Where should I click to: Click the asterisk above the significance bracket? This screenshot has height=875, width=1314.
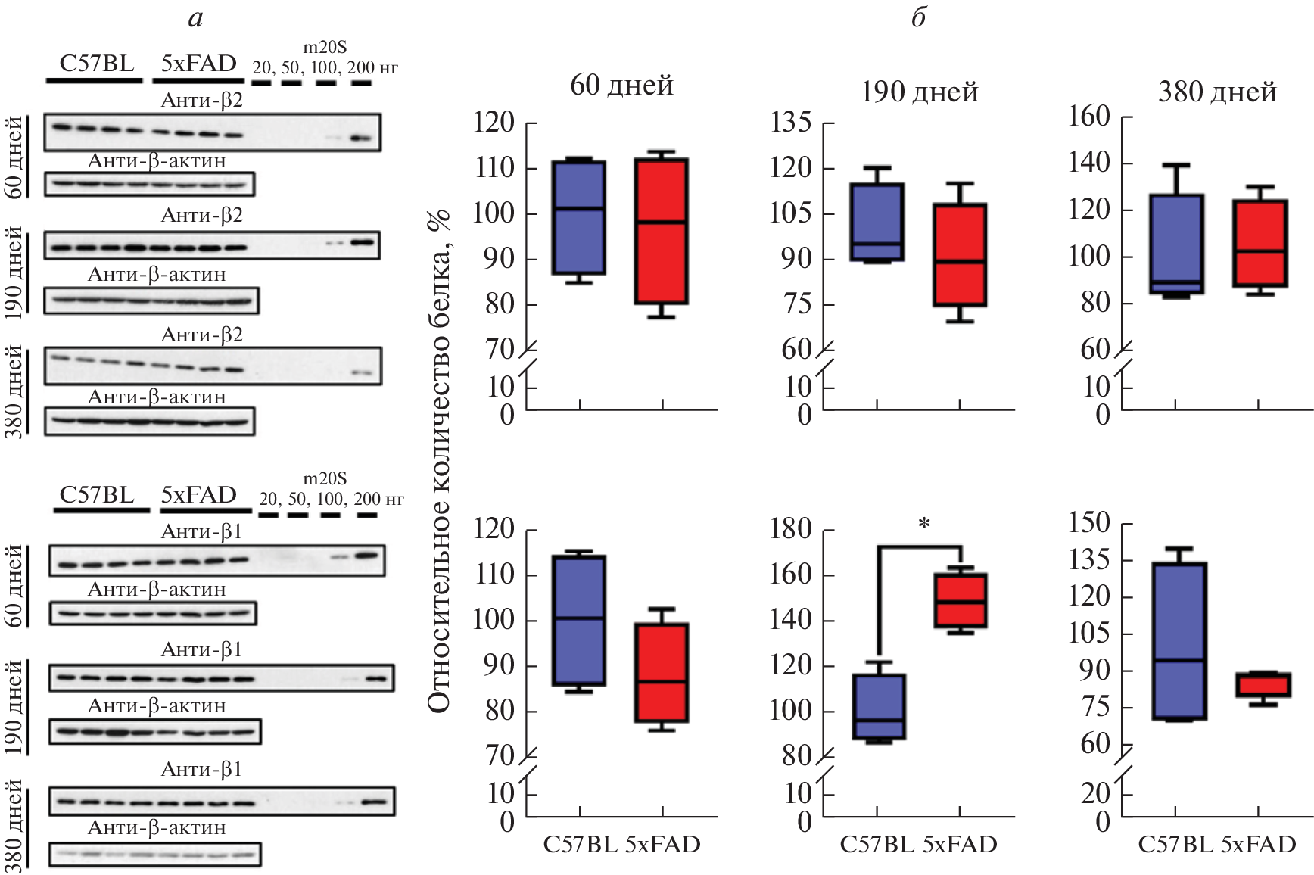coord(923,524)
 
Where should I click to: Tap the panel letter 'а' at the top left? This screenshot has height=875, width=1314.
coord(195,18)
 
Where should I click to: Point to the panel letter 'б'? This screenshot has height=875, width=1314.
coord(918,17)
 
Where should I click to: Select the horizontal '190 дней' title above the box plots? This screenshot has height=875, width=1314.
coord(919,92)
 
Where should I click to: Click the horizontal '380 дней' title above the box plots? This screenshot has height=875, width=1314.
coord(1217,92)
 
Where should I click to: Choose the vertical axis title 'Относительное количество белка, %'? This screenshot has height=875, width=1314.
coord(439,462)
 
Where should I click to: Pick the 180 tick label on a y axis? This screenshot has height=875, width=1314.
coord(790,529)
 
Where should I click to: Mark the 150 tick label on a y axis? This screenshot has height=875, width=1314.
coord(1088,523)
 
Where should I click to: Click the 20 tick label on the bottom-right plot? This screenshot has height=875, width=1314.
coord(1095,793)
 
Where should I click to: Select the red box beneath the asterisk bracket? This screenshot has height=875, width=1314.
coord(961,601)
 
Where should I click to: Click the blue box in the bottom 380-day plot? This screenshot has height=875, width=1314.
coord(1179,640)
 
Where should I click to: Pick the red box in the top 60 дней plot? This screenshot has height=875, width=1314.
coord(662,231)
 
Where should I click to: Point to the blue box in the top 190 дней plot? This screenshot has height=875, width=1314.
coord(877,222)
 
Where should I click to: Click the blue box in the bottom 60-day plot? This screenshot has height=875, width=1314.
coord(579,621)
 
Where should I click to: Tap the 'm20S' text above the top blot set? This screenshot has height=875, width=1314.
coord(325,48)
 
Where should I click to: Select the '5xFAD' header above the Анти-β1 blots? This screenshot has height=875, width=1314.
coord(198,495)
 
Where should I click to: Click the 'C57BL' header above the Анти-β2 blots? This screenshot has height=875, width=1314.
coord(97,64)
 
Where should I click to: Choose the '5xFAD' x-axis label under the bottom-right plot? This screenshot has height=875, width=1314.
coord(1258,845)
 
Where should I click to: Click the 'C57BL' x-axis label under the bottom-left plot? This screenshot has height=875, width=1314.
coord(581,845)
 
